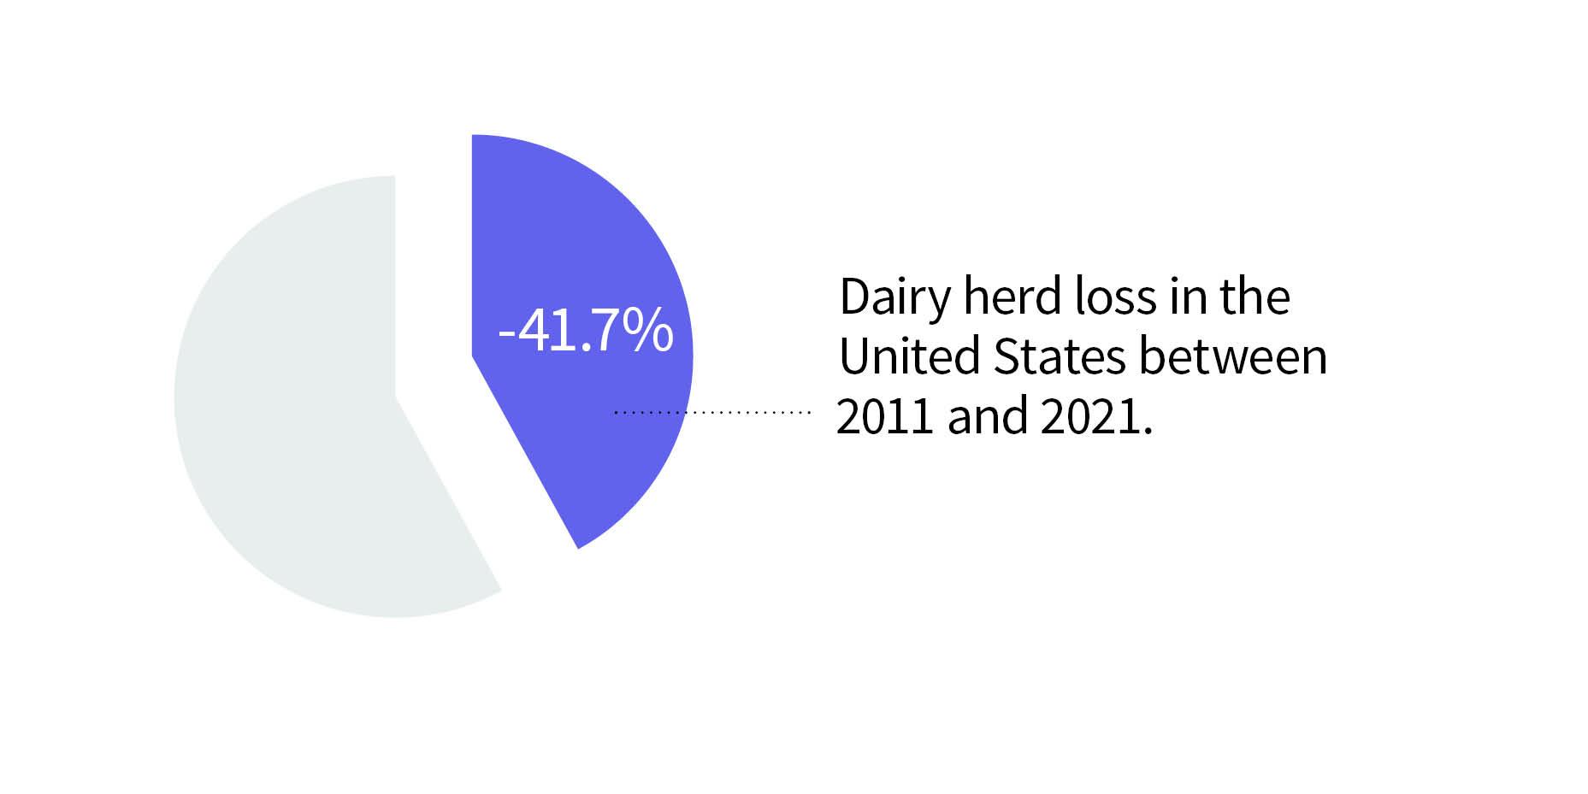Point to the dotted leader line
tap(711, 413)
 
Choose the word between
tap(1233, 356)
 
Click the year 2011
tap(884, 417)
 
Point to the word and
tap(987, 416)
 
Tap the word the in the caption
tap(1254, 297)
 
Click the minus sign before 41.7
tap(505, 335)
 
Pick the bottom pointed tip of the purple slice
tap(578, 549)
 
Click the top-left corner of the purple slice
tap(472, 135)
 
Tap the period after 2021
tap(1147, 432)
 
